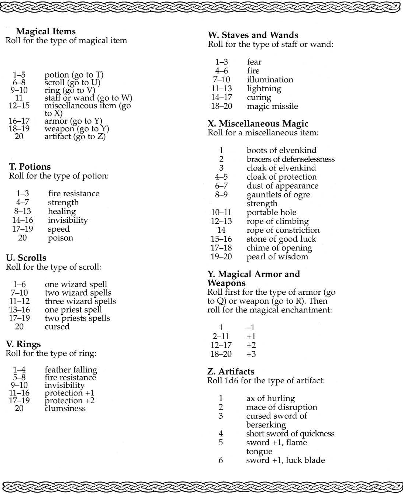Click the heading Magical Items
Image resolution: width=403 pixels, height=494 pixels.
[x=46, y=32]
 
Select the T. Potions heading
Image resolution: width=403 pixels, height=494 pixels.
[x=30, y=167]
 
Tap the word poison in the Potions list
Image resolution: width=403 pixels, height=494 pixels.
[x=61, y=238]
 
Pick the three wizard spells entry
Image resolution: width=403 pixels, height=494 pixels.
[x=80, y=301]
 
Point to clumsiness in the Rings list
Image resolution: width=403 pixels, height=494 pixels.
[x=65, y=408]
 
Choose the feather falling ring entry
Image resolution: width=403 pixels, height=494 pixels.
[x=71, y=370]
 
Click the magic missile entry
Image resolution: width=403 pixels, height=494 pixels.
[x=272, y=106]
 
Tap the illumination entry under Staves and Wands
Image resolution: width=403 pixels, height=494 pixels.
[x=270, y=80]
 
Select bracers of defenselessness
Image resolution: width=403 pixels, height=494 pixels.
[x=290, y=159]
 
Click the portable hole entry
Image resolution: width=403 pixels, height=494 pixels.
[x=271, y=213]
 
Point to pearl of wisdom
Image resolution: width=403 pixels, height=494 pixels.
[x=277, y=257]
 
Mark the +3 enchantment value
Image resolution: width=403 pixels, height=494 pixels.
[x=251, y=354]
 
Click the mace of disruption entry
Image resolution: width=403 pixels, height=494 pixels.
[x=281, y=407]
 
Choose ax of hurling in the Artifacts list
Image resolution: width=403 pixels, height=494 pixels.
[x=270, y=398]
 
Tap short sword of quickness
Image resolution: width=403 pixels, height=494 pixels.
[x=290, y=434]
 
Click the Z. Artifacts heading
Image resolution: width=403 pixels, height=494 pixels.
[x=231, y=372]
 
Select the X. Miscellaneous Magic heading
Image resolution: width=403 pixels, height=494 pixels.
[x=258, y=124]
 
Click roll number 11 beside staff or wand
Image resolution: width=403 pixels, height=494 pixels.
[x=19, y=98]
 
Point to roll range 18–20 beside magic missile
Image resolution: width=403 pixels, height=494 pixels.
[x=221, y=106]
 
